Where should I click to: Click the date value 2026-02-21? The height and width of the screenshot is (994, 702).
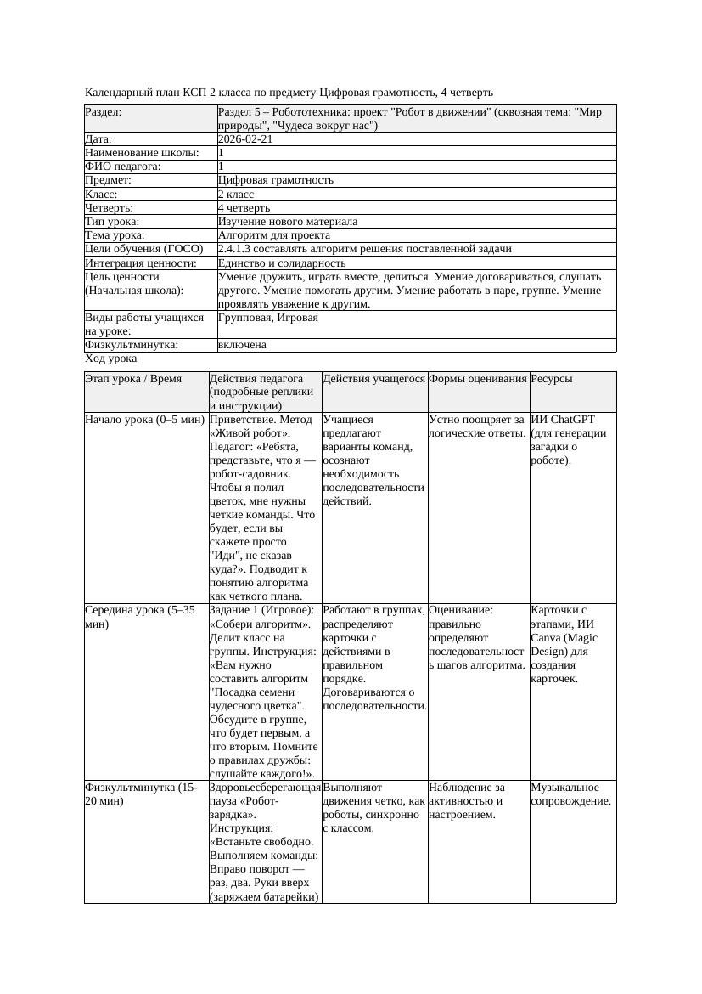click(245, 138)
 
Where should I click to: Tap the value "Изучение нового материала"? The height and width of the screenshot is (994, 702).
click(288, 221)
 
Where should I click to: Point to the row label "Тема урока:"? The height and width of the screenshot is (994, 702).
click(115, 234)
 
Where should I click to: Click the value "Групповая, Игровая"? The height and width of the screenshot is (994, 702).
click(268, 318)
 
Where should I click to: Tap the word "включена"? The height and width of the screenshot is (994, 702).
click(242, 345)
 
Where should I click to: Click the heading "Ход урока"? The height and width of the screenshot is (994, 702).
click(110, 359)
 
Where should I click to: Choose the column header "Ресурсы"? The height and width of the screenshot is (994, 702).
click(552, 379)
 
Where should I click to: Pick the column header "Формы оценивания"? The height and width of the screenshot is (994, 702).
click(478, 379)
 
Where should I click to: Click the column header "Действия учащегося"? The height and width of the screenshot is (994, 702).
click(373, 379)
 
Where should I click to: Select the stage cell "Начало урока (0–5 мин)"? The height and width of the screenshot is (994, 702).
click(145, 420)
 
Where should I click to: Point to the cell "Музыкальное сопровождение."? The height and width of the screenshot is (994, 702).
click(570, 794)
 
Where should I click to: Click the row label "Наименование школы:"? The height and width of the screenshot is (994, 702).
click(142, 152)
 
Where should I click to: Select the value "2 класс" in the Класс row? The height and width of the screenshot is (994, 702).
click(236, 194)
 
